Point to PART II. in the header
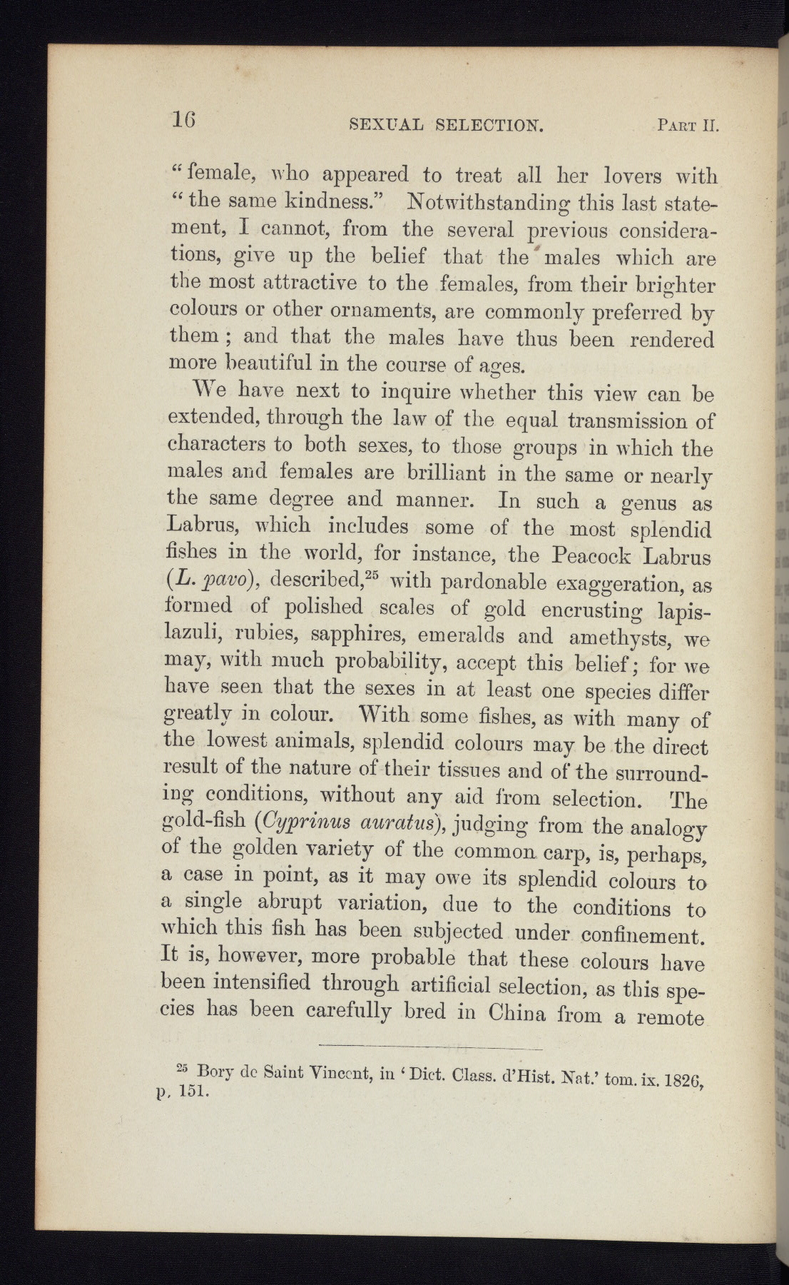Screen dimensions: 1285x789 click(686, 126)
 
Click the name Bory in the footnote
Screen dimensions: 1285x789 click(215, 1071)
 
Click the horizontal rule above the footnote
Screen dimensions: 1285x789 click(431, 1047)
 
